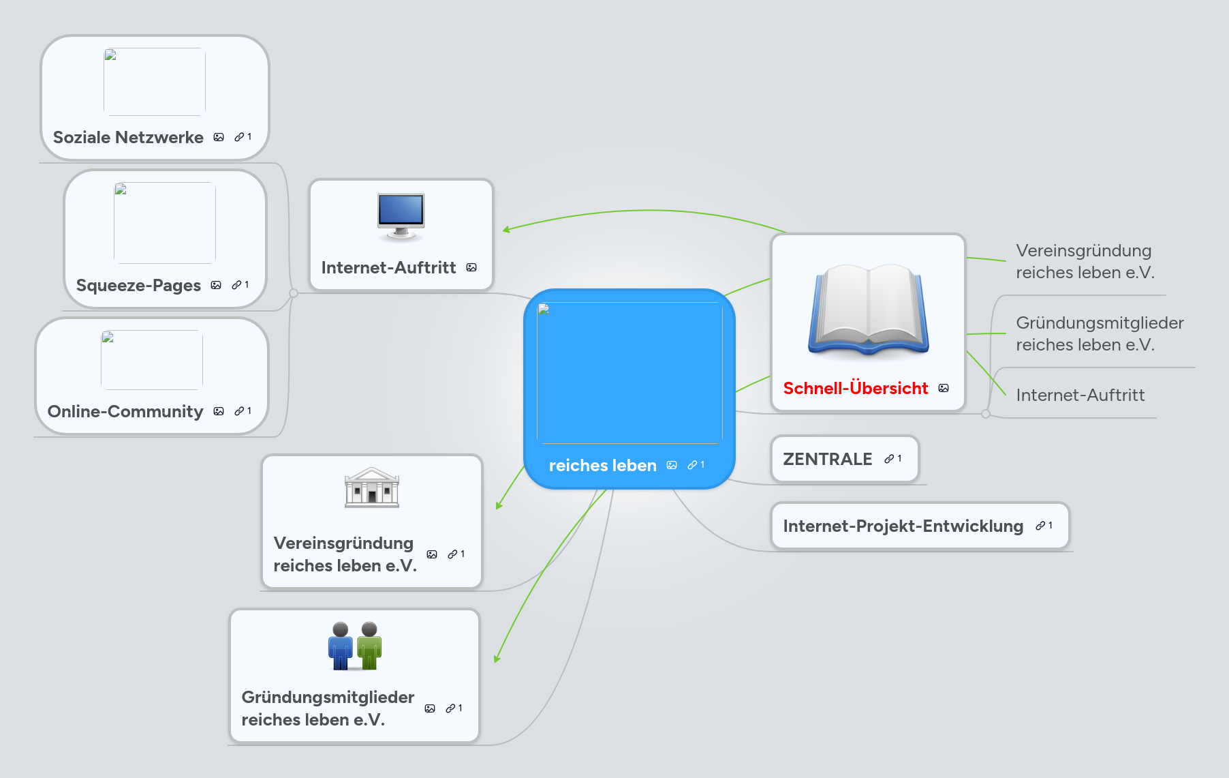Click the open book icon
tap(868, 310)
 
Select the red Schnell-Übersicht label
tap(855, 388)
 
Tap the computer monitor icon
tap(401, 216)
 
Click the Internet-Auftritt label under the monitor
tap(388, 267)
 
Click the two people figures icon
tap(354, 645)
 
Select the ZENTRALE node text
tap(827, 459)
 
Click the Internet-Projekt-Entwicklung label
tap(903, 526)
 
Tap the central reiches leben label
tap(602, 465)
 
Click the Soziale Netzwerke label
tap(128, 137)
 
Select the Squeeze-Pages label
tap(138, 285)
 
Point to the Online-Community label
tap(125, 411)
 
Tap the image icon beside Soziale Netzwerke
tap(219, 137)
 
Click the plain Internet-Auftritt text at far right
tap(1080, 395)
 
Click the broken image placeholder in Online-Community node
tap(152, 359)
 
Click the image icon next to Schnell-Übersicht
tap(944, 388)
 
